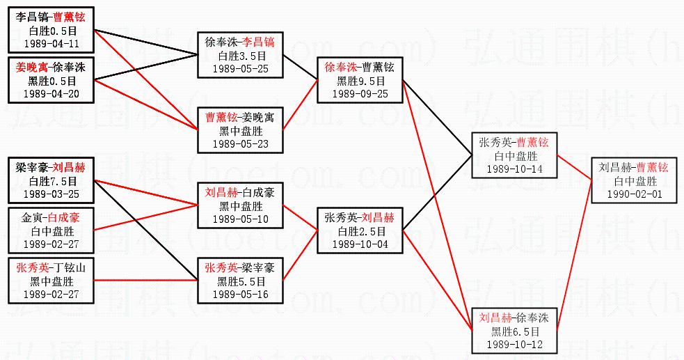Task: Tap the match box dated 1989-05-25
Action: (241, 55)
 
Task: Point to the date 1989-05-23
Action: (241, 144)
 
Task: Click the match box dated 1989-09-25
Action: (359, 80)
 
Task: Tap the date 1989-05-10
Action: (241, 219)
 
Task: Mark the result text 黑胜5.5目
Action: (241, 281)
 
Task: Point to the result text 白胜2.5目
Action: (359, 231)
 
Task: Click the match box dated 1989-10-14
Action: (514, 155)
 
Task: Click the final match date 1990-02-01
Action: (633, 194)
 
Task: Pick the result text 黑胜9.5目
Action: (359, 81)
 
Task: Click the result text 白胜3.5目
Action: (241, 56)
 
